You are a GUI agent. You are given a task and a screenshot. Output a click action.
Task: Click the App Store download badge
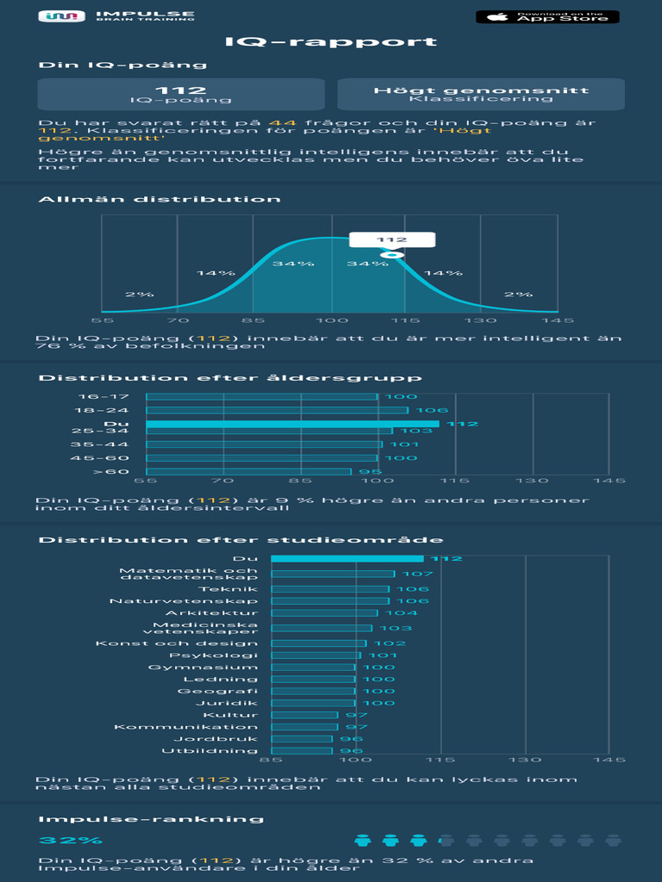tap(547, 16)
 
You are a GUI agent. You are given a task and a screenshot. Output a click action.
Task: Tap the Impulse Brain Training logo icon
tap(62, 16)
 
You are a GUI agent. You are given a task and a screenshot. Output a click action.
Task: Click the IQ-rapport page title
tap(331, 42)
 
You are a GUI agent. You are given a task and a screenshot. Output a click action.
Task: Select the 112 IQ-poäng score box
tap(181, 95)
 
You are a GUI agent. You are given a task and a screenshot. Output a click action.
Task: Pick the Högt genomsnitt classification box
tap(481, 95)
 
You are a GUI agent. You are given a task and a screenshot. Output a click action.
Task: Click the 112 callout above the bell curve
tap(391, 240)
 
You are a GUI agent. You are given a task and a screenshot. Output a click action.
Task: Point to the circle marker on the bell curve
tap(392, 255)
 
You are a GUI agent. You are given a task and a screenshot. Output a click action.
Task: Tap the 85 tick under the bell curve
tap(253, 320)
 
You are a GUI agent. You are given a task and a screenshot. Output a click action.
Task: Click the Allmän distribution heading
tap(159, 199)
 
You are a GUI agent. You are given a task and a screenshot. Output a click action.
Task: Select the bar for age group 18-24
tap(277, 410)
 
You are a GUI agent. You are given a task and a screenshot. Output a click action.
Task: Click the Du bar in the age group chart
tap(292, 424)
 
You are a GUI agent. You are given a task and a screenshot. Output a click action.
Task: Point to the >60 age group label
tap(111, 471)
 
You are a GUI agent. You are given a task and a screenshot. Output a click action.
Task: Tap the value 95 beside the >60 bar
tap(370, 471)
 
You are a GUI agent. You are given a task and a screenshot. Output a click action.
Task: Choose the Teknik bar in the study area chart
tap(330, 589)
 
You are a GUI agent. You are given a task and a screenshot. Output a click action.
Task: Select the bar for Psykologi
tap(315, 655)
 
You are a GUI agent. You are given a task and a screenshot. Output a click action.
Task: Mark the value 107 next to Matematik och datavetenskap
tap(417, 574)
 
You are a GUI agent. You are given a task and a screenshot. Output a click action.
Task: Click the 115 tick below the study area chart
tap(440, 760)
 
